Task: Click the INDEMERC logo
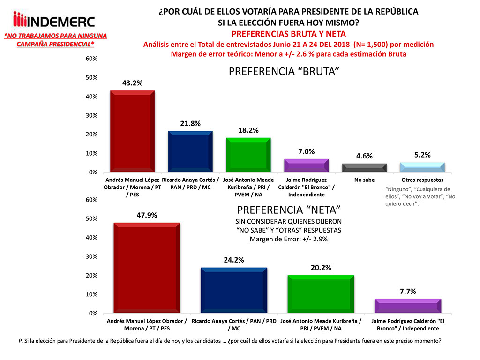(54, 21)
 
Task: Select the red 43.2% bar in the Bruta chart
(132, 131)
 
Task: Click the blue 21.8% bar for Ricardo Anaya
(190, 151)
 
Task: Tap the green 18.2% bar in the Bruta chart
(248, 155)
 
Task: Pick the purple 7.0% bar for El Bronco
(307, 165)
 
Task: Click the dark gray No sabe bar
(364, 168)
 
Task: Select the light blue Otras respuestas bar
(422, 167)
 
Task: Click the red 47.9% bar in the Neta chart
(147, 268)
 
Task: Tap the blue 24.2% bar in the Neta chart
(234, 290)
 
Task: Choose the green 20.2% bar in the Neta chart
(321, 294)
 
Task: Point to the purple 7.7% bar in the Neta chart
(407, 306)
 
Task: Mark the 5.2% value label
(422, 155)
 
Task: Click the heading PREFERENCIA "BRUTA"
(284, 72)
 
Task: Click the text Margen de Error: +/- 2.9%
(288, 239)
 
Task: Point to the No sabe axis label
(364, 180)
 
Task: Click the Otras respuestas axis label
(422, 180)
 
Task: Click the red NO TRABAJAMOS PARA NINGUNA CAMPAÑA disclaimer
(55, 39)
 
